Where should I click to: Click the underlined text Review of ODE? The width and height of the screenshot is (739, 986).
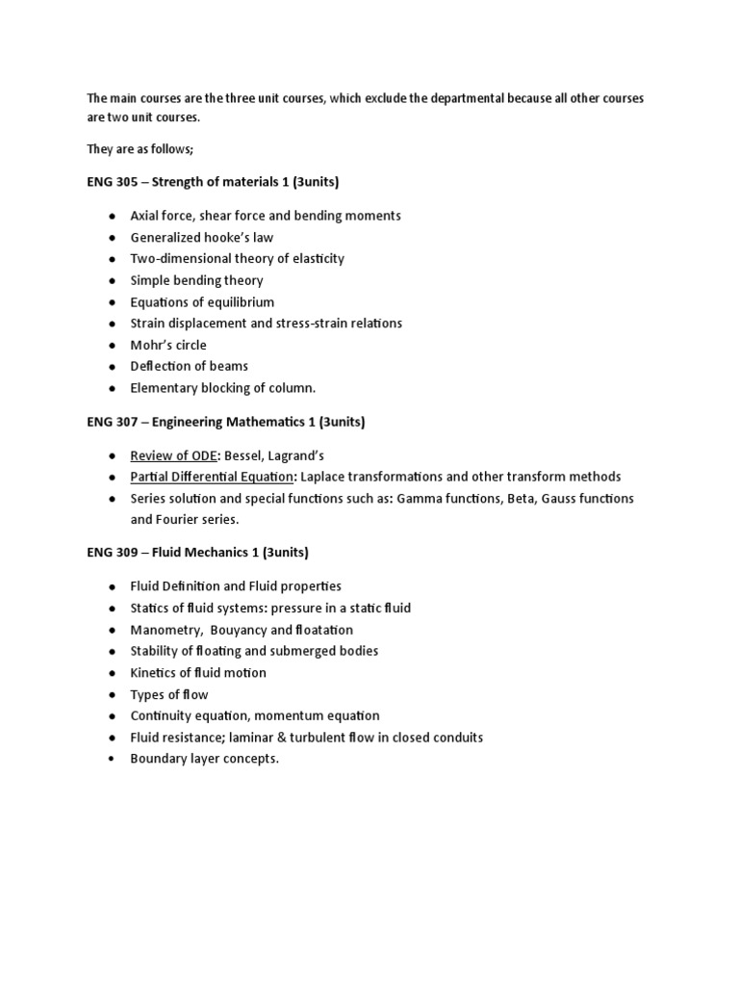pyautogui.click(x=173, y=454)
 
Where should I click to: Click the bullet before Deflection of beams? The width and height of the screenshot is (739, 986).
pyautogui.click(x=112, y=366)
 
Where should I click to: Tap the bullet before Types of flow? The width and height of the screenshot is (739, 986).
pyautogui.click(x=112, y=694)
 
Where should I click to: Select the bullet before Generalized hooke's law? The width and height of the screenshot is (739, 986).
pyautogui.click(x=112, y=237)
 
